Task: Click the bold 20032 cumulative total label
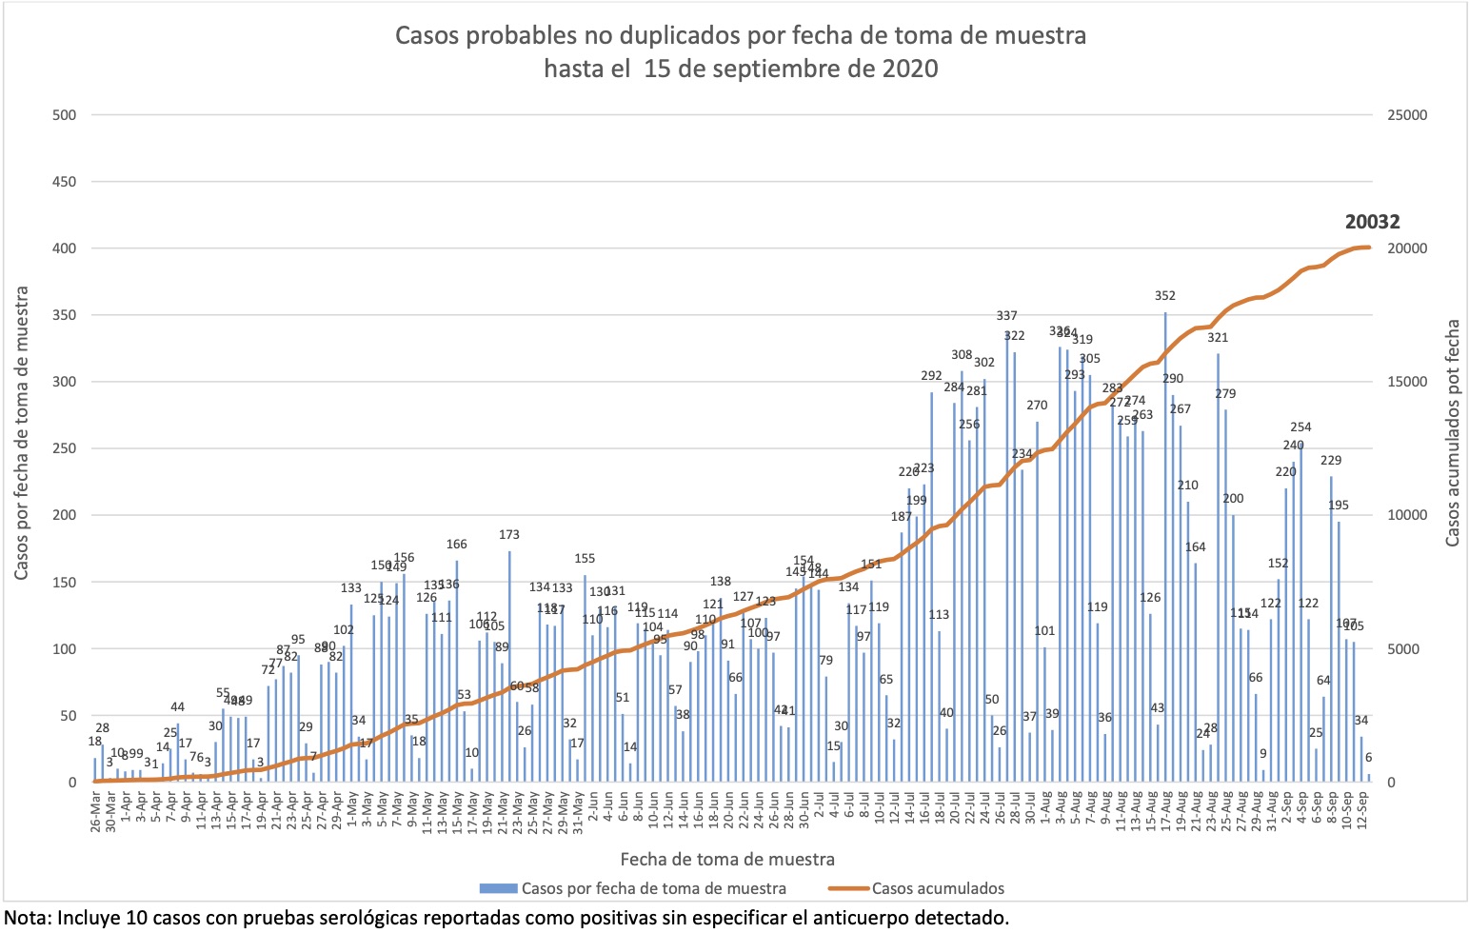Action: (x=1372, y=222)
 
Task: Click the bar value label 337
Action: (x=1006, y=315)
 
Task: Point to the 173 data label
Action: (x=509, y=535)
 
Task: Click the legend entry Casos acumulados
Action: (x=937, y=888)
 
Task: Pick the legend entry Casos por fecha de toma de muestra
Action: (x=653, y=888)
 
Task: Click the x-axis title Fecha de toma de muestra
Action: (x=727, y=859)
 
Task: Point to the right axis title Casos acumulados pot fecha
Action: (x=1452, y=433)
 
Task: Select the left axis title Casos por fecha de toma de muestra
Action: (x=21, y=433)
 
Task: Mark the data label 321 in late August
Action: (x=1218, y=337)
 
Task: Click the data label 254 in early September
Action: (x=1300, y=427)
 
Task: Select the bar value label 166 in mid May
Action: (x=457, y=545)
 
